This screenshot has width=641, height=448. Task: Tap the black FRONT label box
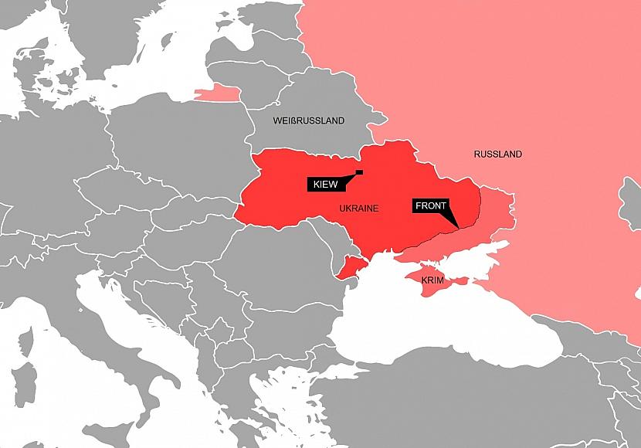[x=431, y=206]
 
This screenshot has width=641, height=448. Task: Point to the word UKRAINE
[x=359, y=209]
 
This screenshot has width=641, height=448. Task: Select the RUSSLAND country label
[x=497, y=154]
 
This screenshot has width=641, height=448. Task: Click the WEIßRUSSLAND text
[x=309, y=121]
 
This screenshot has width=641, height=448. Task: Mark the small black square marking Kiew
[x=359, y=171]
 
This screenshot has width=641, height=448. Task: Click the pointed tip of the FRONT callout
[x=456, y=226]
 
